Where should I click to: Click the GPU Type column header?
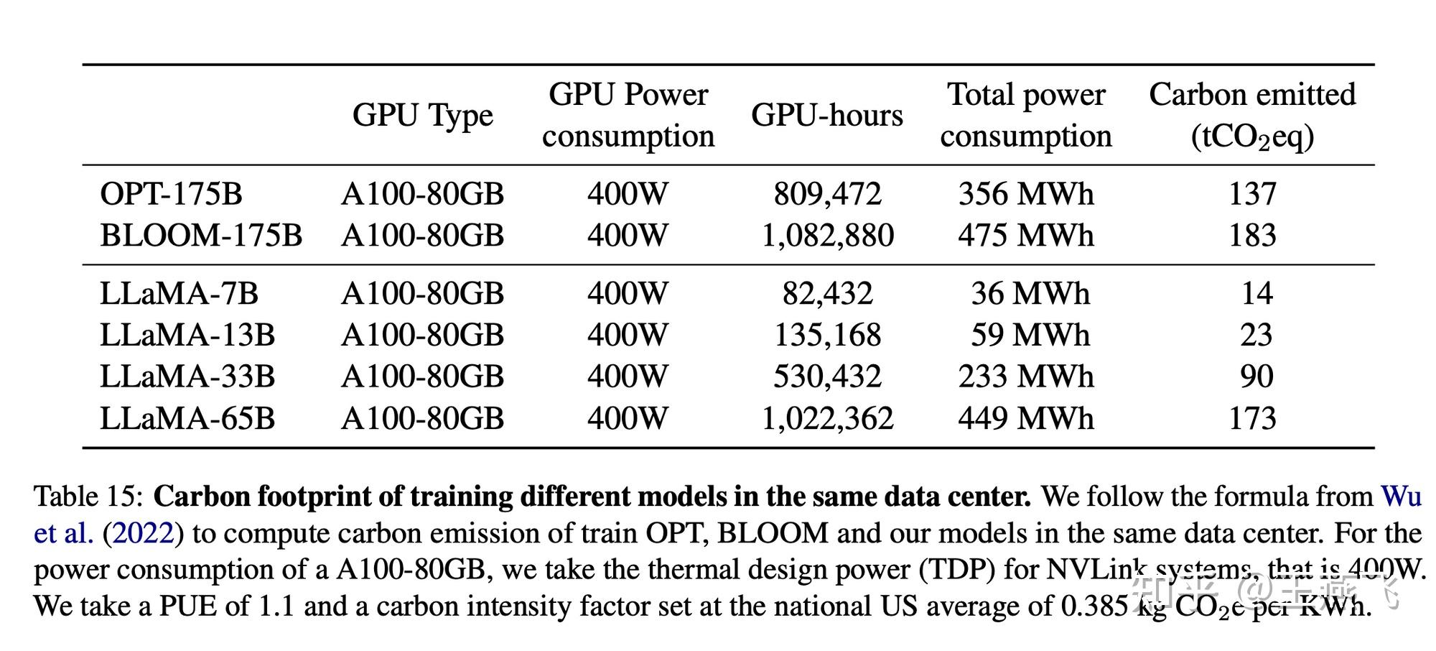click(422, 116)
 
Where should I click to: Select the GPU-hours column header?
click(826, 116)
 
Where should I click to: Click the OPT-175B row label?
click(171, 194)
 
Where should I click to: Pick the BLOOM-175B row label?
click(200, 236)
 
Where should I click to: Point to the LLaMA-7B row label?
click(178, 293)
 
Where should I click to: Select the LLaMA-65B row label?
click(187, 418)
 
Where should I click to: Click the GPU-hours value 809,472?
click(826, 194)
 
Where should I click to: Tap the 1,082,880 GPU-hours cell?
click(826, 236)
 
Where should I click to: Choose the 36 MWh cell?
click(1030, 293)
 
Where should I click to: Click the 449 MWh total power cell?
click(1025, 418)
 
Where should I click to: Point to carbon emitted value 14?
click(1256, 293)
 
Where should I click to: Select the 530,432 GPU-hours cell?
click(826, 377)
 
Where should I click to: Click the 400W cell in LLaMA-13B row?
click(627, 335)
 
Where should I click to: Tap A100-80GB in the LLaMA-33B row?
click(422, 377)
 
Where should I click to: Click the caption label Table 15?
click(88, 497)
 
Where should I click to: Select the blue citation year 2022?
click(144, 533)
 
